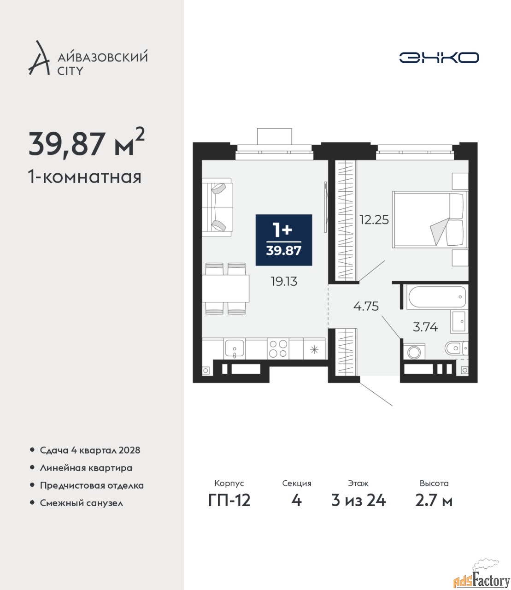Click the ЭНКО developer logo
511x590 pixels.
439,57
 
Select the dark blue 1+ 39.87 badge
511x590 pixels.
283,240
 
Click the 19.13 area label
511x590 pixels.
284,282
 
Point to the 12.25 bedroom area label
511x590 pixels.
374,220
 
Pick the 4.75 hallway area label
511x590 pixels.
366,306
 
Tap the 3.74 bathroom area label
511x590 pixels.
425,327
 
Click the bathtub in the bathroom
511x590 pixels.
437,297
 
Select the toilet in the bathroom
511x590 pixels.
456,348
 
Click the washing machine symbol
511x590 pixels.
414,352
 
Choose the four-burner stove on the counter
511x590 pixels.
278,349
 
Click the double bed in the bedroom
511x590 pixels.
430,219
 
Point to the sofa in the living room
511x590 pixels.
217,207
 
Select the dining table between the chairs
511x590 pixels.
225,288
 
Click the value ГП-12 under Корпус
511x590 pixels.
229,501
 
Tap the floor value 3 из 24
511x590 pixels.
358,501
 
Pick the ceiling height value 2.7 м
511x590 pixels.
434,501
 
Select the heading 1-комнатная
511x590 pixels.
85,177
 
